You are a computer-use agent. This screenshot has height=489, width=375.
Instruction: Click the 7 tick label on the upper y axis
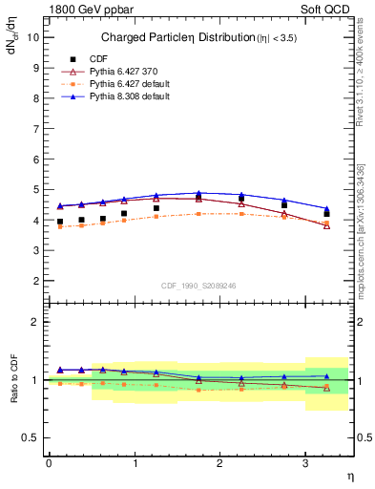pyautogui.click(x=34, y=128)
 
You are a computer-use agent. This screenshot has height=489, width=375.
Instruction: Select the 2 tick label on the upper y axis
pyautogui.click(x=34, y=281)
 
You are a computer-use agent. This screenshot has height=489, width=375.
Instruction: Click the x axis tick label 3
pyautogui.click(x=305, y=462)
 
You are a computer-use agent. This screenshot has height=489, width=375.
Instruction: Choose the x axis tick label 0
pyautogui.click(x=49, y=462)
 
